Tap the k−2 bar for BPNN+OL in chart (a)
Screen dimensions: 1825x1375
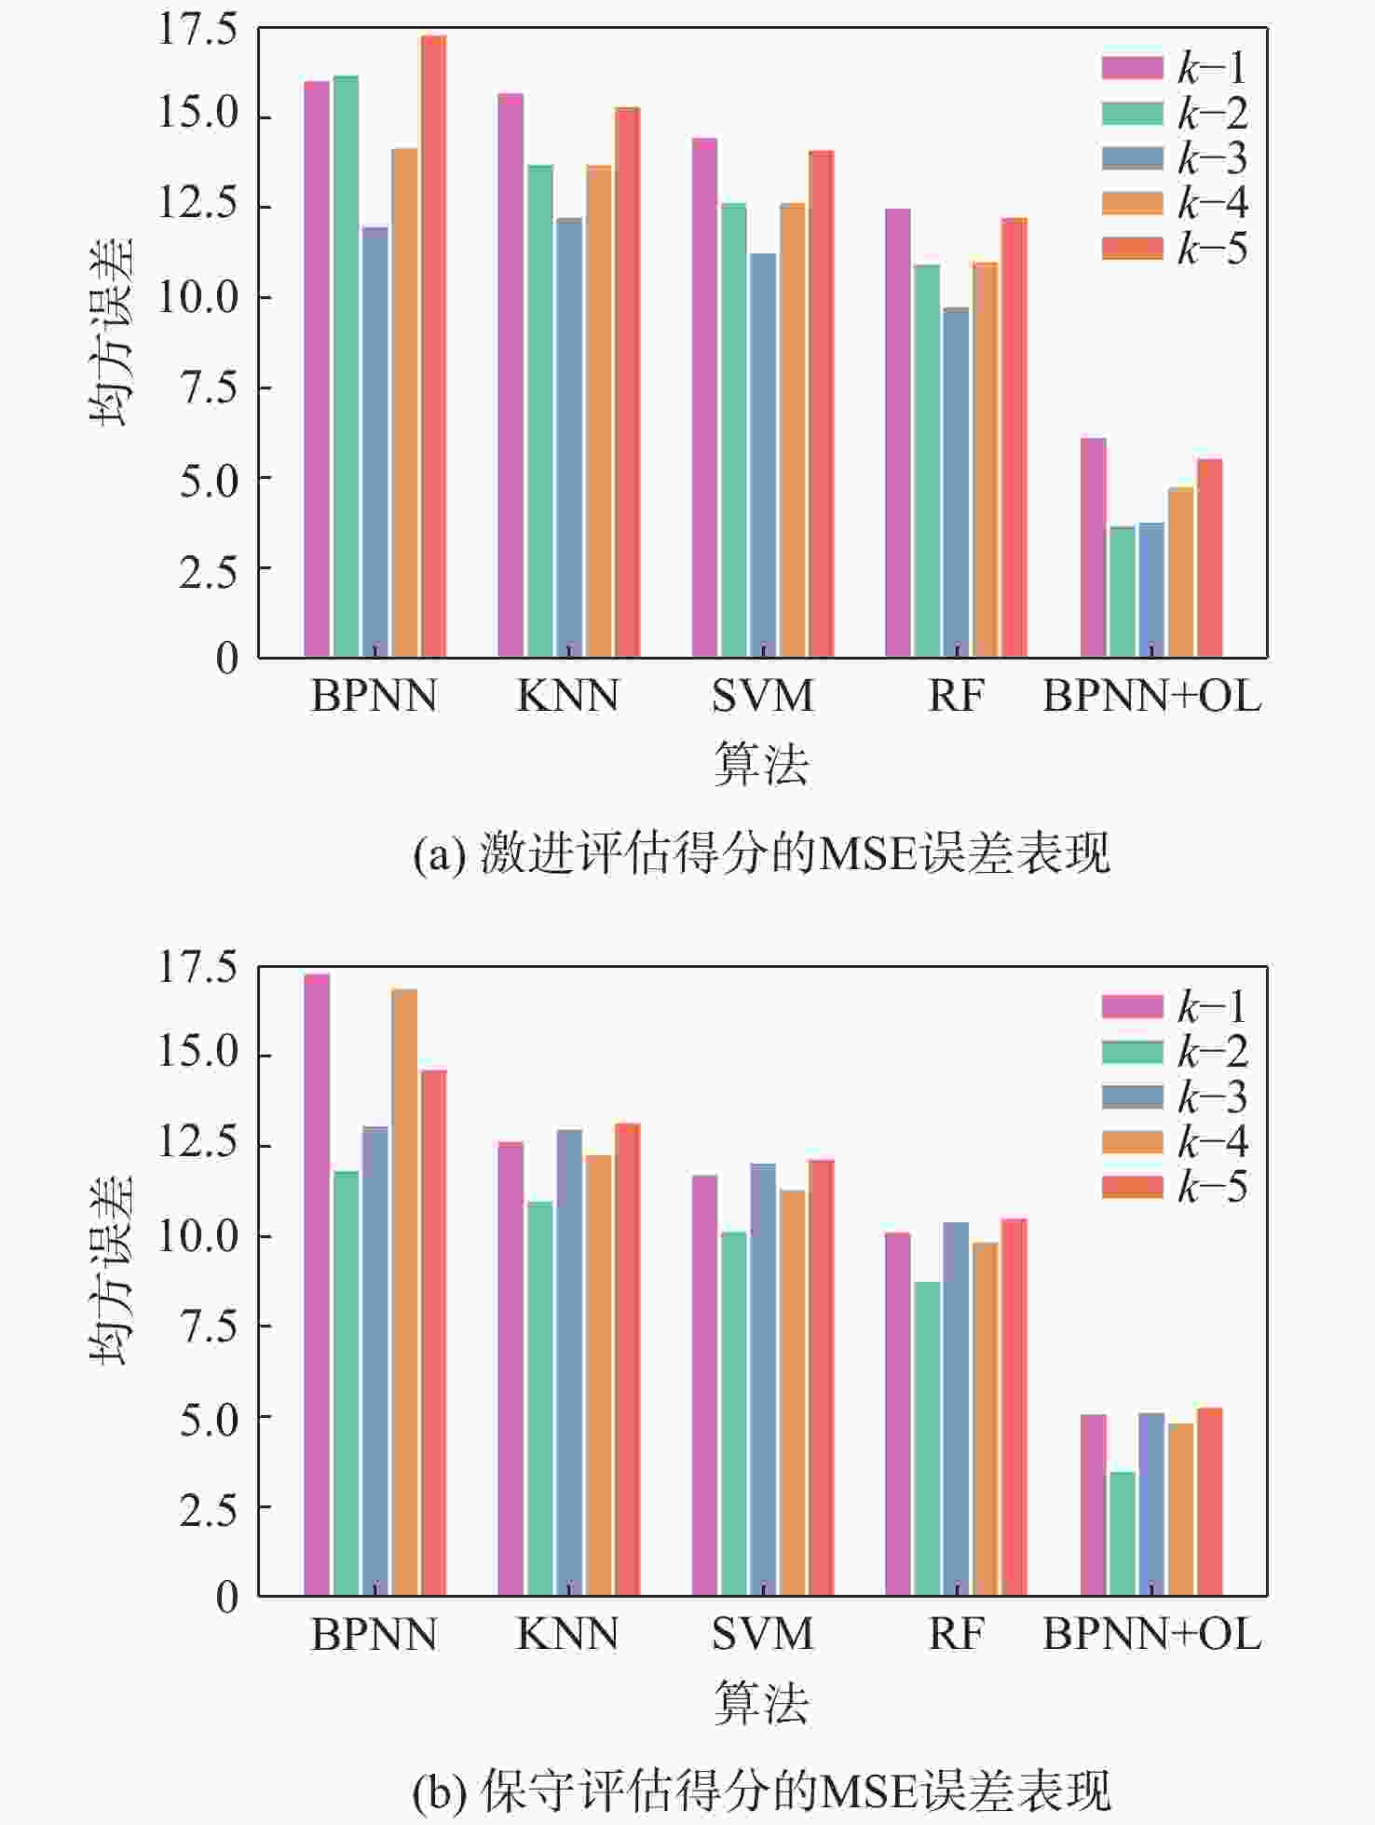1122,592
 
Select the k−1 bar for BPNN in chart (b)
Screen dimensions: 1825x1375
317,1285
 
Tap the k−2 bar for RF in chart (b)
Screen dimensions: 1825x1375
927,1438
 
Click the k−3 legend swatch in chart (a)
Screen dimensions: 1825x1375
1132,158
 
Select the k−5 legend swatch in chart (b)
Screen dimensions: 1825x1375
1132,1187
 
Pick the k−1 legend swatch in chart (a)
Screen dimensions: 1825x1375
1132,68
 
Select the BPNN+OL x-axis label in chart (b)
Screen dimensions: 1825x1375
1151,1635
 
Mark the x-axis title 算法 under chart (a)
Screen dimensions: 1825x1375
761,764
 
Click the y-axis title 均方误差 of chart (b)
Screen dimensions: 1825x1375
112,1270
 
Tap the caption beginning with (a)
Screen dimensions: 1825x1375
761,853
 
